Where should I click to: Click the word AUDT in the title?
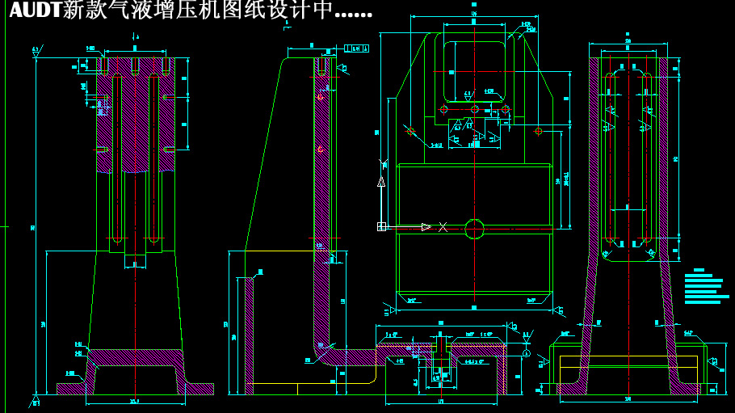click(x=34, y=12)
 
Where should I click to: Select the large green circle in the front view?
click(x=474, y=229)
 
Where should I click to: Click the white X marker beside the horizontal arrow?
click(x=443, y=227)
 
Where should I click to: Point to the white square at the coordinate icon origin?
click(x=381, y=227)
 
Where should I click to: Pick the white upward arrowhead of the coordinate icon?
click(x=381, y=183)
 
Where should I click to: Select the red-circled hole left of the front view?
click(x=411, y=130)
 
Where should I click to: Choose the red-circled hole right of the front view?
click(x=538, y=130)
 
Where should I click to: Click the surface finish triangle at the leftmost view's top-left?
click(x=36, y=53)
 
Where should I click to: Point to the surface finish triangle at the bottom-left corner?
click(x=36, y=400)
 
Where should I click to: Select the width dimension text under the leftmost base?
click(x=134, y=402)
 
